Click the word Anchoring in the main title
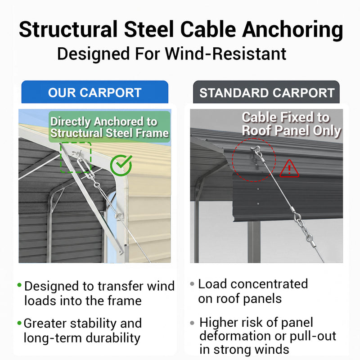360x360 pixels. (x=292, y=30)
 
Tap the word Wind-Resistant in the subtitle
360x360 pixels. (x=225, y=54)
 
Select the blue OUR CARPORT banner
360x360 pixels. (x=95, y=92)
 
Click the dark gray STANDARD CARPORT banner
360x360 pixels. (x=266, y=92)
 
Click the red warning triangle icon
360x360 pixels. (x=289, y=169)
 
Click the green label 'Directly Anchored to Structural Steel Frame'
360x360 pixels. (x=109, y=127)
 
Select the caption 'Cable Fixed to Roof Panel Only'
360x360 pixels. (x=291, y=124)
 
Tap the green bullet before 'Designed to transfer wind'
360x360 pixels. (x=19, y=285)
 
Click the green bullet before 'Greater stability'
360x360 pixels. (x=19, y=323)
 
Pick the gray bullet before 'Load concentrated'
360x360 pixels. (x=192, y=284)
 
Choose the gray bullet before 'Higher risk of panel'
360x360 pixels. (x=192, y=323)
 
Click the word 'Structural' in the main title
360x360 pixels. (x=68, y=29)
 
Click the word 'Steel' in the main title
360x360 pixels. (x=149, y=29)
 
